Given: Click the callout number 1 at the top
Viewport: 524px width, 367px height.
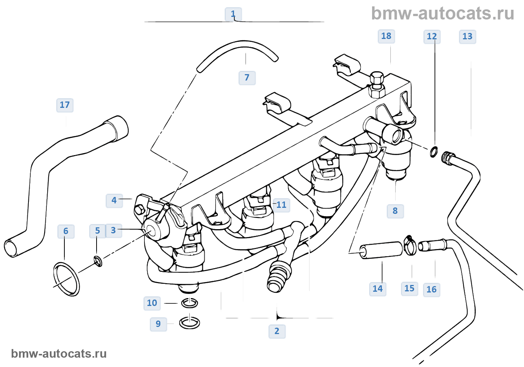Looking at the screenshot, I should tap(233, 14).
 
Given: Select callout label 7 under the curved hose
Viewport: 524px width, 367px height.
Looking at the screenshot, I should tap(247, 78).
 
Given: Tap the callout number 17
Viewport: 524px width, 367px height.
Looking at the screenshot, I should tap(65, 105).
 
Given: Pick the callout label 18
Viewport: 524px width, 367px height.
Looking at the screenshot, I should tap(386, 36).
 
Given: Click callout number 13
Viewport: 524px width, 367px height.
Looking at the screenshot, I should tap(467, 36).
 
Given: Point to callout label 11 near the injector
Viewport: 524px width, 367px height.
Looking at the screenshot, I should tap(281, 205).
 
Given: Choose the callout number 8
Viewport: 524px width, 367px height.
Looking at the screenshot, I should tap(395, 211).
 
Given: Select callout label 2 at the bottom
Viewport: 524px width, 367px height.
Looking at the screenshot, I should tap(277, 331).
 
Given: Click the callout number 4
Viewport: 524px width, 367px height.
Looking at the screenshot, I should tap(114, 200).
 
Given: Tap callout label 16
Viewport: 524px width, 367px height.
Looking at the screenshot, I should tap(432, 289).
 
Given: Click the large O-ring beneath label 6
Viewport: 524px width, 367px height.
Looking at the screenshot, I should tap(67, 279).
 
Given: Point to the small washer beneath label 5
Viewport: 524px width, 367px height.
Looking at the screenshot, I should tap(98, 261).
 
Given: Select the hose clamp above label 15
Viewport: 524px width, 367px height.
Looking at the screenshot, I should tap(410, 245).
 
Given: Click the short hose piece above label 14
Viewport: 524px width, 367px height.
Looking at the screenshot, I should tap(381, 250).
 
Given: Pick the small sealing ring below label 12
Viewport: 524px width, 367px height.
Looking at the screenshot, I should tap(433, 152).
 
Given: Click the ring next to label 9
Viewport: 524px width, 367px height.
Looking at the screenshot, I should tap(189, 322).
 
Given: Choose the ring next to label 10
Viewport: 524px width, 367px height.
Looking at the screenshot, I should tap(190, 303).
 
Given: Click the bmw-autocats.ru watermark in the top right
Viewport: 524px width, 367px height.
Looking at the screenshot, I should tap(443, 13).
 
